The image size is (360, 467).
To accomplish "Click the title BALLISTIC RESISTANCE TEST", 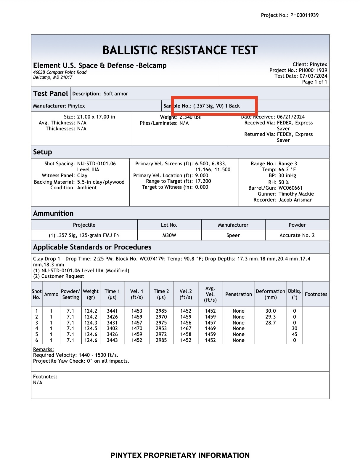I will pyautogui.click(x=180, y=50).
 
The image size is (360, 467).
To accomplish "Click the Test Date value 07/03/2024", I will pyautogui.click(x=313, y=76).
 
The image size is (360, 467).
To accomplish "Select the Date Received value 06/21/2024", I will pyautogui.click(x=291, y=117).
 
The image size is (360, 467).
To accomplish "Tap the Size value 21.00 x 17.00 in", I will pyautogui.click(x=96, y=117).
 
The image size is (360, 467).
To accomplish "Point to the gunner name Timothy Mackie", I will pyautogui.click(x=296, y=194).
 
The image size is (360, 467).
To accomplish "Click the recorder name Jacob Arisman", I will pyautogui.click(x=295, y=200).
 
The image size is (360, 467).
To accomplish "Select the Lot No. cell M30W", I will pyautogui.click(x=169, y=235).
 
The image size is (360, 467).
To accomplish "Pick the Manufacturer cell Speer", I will pyautogui.click(x=233, y=235).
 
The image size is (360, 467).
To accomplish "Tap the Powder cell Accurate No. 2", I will pyautogui.click(x=297, y=235).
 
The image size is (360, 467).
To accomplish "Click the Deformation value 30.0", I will pyautogui.click(x=270, y=311).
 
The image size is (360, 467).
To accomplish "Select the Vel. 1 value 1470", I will pyautogui.click(x=137, y=328).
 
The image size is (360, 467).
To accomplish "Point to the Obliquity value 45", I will pyautogui.click(x=294, y=334).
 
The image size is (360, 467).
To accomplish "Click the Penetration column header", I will pyautogui.click(x=238, y=294).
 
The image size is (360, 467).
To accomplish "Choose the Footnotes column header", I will pyautogui.click(x=316, y=294).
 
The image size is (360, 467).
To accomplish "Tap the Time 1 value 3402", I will pyautogui.click(x=112, y=328).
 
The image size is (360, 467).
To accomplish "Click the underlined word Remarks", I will pyautogui.click(x=43, y=349).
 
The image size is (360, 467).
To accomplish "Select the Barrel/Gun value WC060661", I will pyautogui.click(x=290, y=188).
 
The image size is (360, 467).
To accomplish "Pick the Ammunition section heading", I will pyautogui.click(x=53, y=213).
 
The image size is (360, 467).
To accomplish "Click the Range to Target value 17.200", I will pyautogui.click(x=203, y=181).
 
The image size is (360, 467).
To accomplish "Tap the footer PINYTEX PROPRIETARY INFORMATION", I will pyautogui.click(x=180, y=455).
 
